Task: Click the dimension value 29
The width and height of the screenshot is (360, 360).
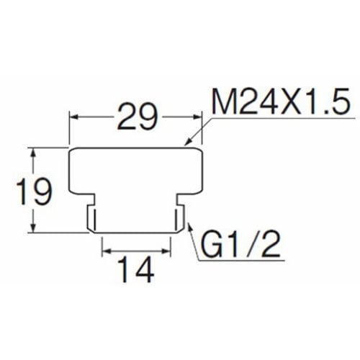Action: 138,117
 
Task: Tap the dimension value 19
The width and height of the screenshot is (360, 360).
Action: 33,192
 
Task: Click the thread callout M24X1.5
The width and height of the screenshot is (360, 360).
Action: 280,102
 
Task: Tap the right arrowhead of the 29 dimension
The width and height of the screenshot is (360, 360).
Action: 196,117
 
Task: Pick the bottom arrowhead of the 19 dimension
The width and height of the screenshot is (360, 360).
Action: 33,228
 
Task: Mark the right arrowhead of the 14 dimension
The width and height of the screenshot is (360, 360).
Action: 166,251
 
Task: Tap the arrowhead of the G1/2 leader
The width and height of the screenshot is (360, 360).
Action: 189,227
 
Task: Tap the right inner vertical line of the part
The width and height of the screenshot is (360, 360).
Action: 176,218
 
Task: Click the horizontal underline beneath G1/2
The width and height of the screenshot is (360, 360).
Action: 241,261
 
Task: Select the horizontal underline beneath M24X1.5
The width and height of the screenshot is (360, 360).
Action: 283,118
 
